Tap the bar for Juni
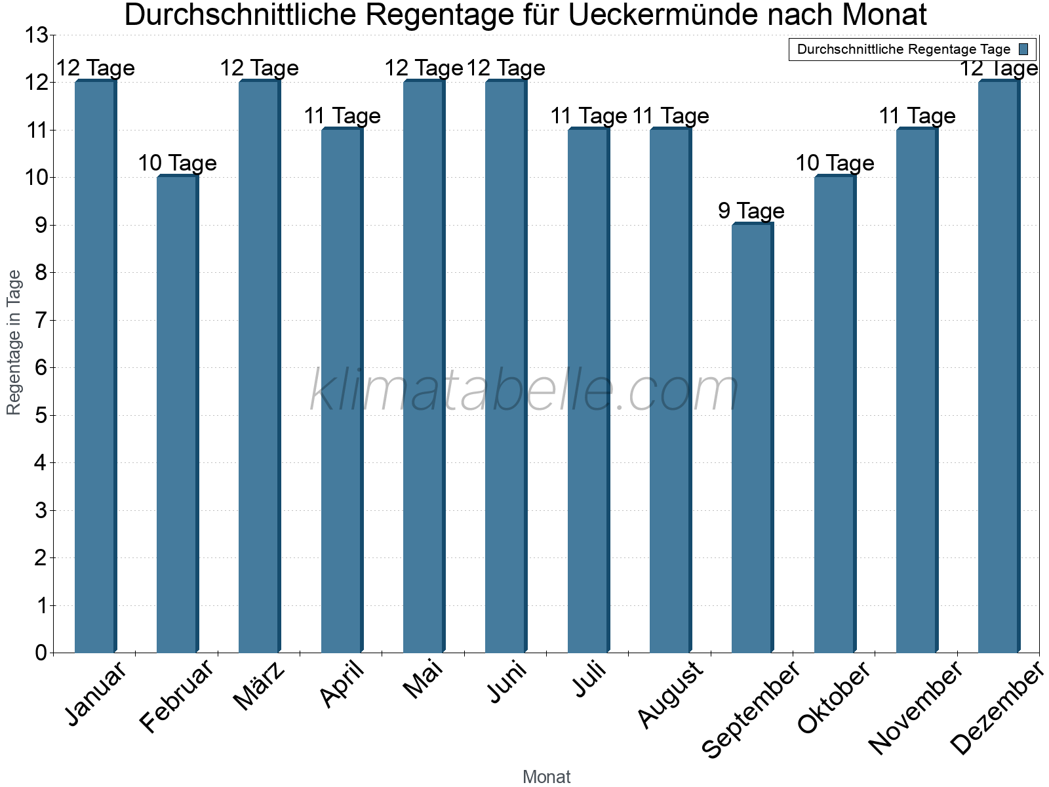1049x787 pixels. pos(505,367)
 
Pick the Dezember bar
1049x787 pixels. pos(999,367)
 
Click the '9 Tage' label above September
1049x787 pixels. pos(751,211)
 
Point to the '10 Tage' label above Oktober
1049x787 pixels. pos(835,163)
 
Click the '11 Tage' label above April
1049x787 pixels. pos(342,116)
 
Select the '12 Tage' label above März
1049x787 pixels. pos(259,68)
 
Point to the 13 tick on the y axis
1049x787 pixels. pos(36,35)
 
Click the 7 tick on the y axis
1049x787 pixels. pos(41,321)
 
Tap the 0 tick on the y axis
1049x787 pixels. pos(41,653)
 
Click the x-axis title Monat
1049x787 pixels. pos(546,777)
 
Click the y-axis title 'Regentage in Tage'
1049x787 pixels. pos(14,342)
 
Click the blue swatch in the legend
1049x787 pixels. pos(1023,49)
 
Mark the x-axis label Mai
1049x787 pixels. pos(424,680)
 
